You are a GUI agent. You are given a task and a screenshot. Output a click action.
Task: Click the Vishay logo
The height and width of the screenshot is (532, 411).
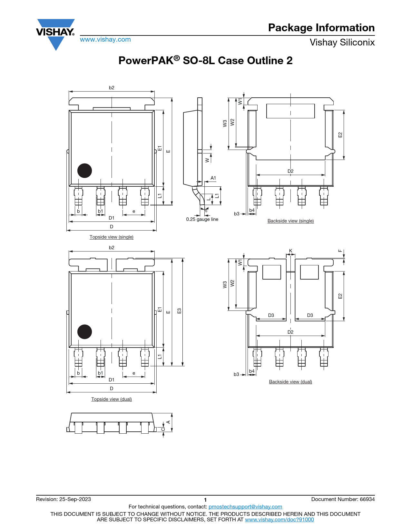(55, 34)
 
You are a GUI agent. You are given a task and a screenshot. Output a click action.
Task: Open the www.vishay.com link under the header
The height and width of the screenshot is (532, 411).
(105, 39)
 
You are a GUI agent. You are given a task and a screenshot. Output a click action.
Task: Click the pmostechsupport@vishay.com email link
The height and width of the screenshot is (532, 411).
(245, 507)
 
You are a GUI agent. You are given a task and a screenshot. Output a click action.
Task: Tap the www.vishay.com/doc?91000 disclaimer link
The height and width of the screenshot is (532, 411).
(279, 519)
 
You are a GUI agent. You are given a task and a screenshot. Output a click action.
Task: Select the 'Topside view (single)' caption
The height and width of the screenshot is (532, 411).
(112, 237)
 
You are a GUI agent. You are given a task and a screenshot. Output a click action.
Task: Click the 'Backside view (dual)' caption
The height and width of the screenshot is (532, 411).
(290, 382)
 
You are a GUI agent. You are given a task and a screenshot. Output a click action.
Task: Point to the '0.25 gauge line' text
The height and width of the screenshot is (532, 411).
(202, 219)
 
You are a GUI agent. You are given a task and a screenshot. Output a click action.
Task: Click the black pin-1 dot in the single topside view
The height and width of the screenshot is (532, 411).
(84, 171)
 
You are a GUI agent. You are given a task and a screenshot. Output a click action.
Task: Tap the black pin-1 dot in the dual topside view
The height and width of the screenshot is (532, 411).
(84, 332)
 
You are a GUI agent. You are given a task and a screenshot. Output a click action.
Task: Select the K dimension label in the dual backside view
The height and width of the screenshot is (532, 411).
(290, 251)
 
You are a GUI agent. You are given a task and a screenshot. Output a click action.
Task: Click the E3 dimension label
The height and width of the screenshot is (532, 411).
(179, 311)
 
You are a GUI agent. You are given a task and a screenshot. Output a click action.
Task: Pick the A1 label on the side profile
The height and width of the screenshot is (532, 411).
(213, 178)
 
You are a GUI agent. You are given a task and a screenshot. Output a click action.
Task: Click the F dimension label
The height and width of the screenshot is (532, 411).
(340, 251)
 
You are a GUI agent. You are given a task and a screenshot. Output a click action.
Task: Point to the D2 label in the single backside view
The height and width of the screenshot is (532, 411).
(290, 171)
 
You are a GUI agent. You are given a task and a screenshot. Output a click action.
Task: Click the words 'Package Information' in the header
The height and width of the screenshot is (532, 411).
(321, 27)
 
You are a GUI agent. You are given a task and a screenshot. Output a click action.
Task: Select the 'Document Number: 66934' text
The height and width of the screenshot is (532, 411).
(343, 499)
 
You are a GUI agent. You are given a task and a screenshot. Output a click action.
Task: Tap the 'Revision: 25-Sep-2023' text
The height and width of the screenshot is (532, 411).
(64, 499)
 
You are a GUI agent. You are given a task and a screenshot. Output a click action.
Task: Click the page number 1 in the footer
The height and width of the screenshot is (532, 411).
(205, 500)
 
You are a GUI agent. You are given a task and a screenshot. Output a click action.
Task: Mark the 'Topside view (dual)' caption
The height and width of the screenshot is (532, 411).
(112, 399)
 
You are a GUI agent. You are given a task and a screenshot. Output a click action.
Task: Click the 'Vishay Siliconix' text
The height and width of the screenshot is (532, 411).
(342, 42)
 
